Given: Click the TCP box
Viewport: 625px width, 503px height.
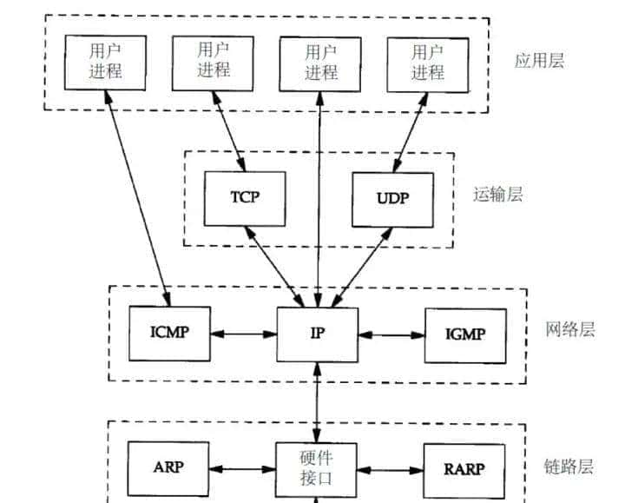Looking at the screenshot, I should tap(244, 197).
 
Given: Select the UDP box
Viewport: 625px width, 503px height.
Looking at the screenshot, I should tap(392, 197).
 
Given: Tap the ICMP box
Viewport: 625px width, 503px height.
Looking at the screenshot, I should tap(169, 333).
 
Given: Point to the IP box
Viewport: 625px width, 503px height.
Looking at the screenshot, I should tap(318, 334).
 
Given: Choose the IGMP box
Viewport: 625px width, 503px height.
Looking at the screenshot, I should tap(466, 334).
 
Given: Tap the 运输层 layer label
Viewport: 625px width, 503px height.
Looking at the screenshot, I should tap(498, 195).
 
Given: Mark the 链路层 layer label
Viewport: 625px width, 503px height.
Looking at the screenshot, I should tap(570, 467).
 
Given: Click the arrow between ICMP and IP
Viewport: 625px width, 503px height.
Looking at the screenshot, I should tap(244, 333).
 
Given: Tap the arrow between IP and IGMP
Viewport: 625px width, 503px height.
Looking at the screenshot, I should tap(391, 334).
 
